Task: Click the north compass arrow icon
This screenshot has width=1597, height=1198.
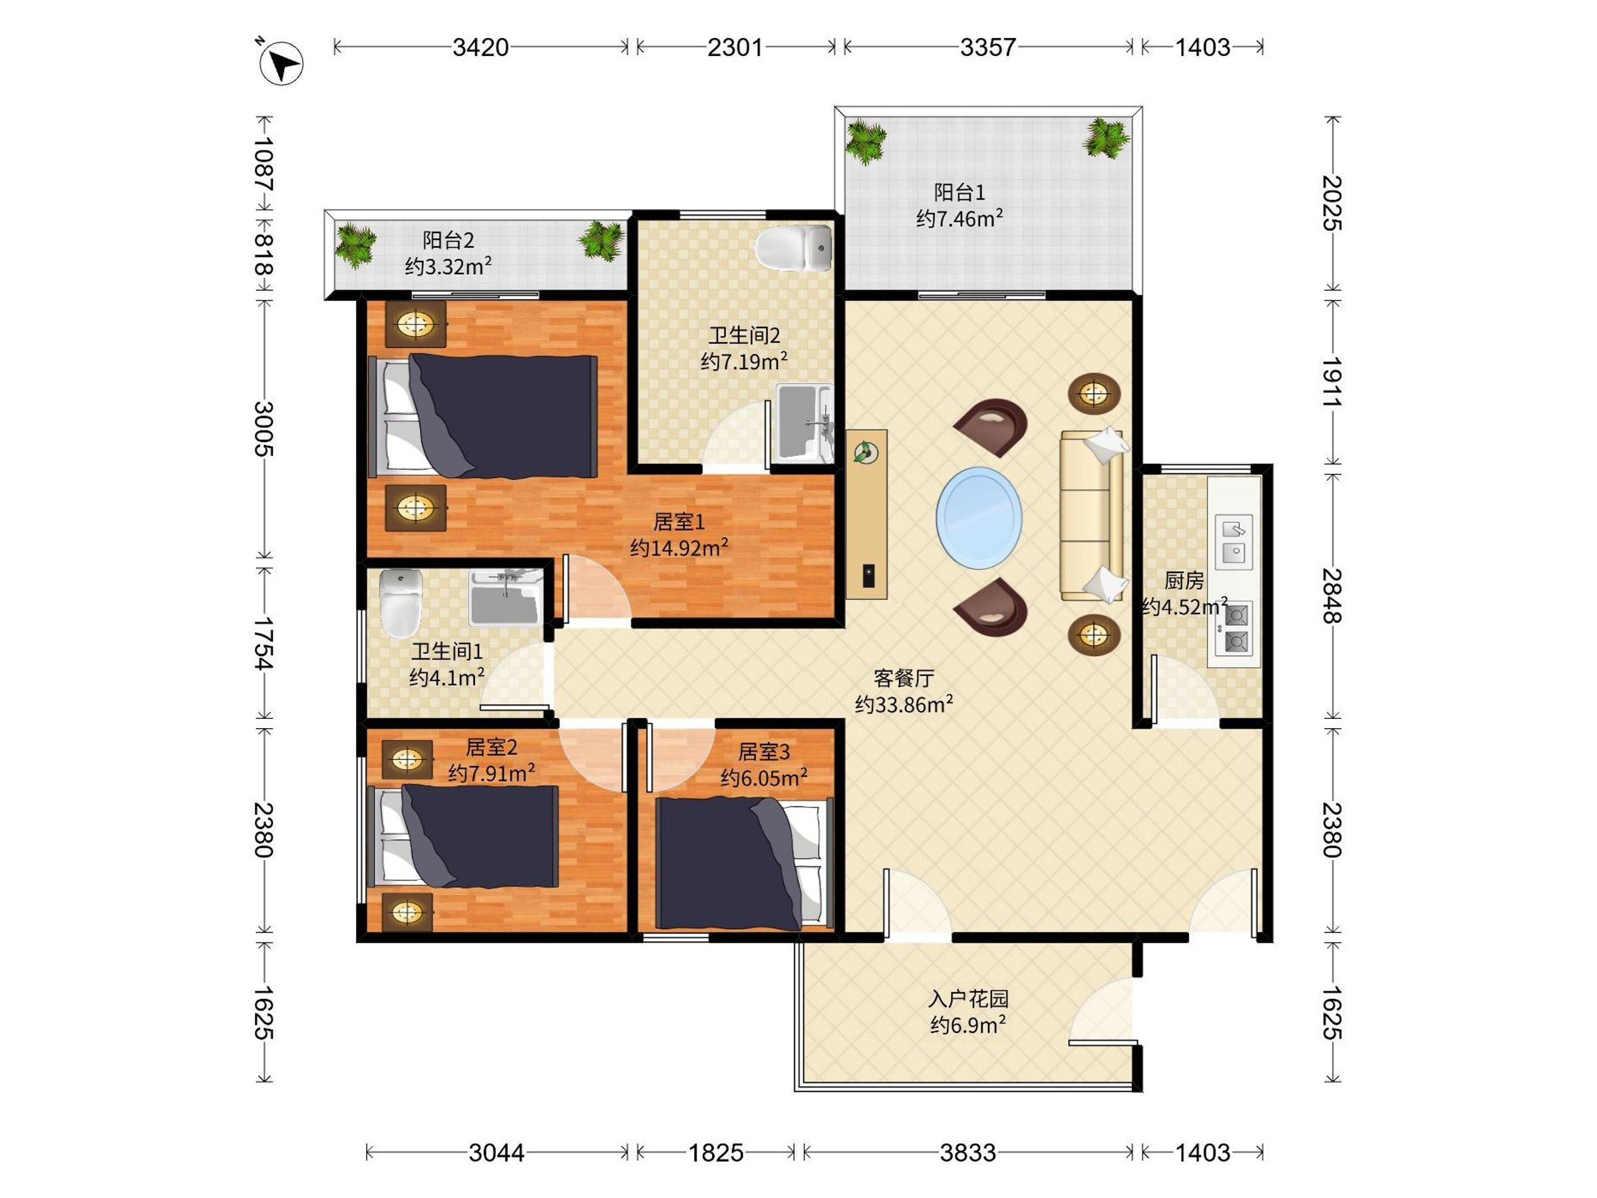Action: coord(281,63)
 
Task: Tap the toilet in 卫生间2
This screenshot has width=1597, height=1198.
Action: coord(793,248)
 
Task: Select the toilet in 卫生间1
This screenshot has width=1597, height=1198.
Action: coord(401,602)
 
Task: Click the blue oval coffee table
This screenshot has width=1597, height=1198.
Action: coord(979,517)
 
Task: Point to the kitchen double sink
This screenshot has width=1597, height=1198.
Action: coord(1233,542)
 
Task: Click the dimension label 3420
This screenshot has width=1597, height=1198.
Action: coord(481,48)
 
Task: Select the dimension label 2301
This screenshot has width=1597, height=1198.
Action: coord(735,48)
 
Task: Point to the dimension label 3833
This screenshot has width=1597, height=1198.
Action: coord(968,1153)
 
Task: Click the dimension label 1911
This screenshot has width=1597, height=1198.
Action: coord(1332,381)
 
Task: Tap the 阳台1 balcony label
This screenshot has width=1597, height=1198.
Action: coord(960,192)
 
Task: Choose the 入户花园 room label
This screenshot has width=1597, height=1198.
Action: coord(968,999)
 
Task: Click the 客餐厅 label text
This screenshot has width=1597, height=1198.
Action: coord(904,678)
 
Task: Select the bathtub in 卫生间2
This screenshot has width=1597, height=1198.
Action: coord(804,423)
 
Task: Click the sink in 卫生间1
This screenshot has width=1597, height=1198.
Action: coord(505,596)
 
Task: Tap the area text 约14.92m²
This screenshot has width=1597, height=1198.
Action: coord(679,547)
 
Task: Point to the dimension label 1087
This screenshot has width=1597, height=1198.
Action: coord(264,163)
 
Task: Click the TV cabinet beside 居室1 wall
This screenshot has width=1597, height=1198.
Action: coord(866,514)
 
